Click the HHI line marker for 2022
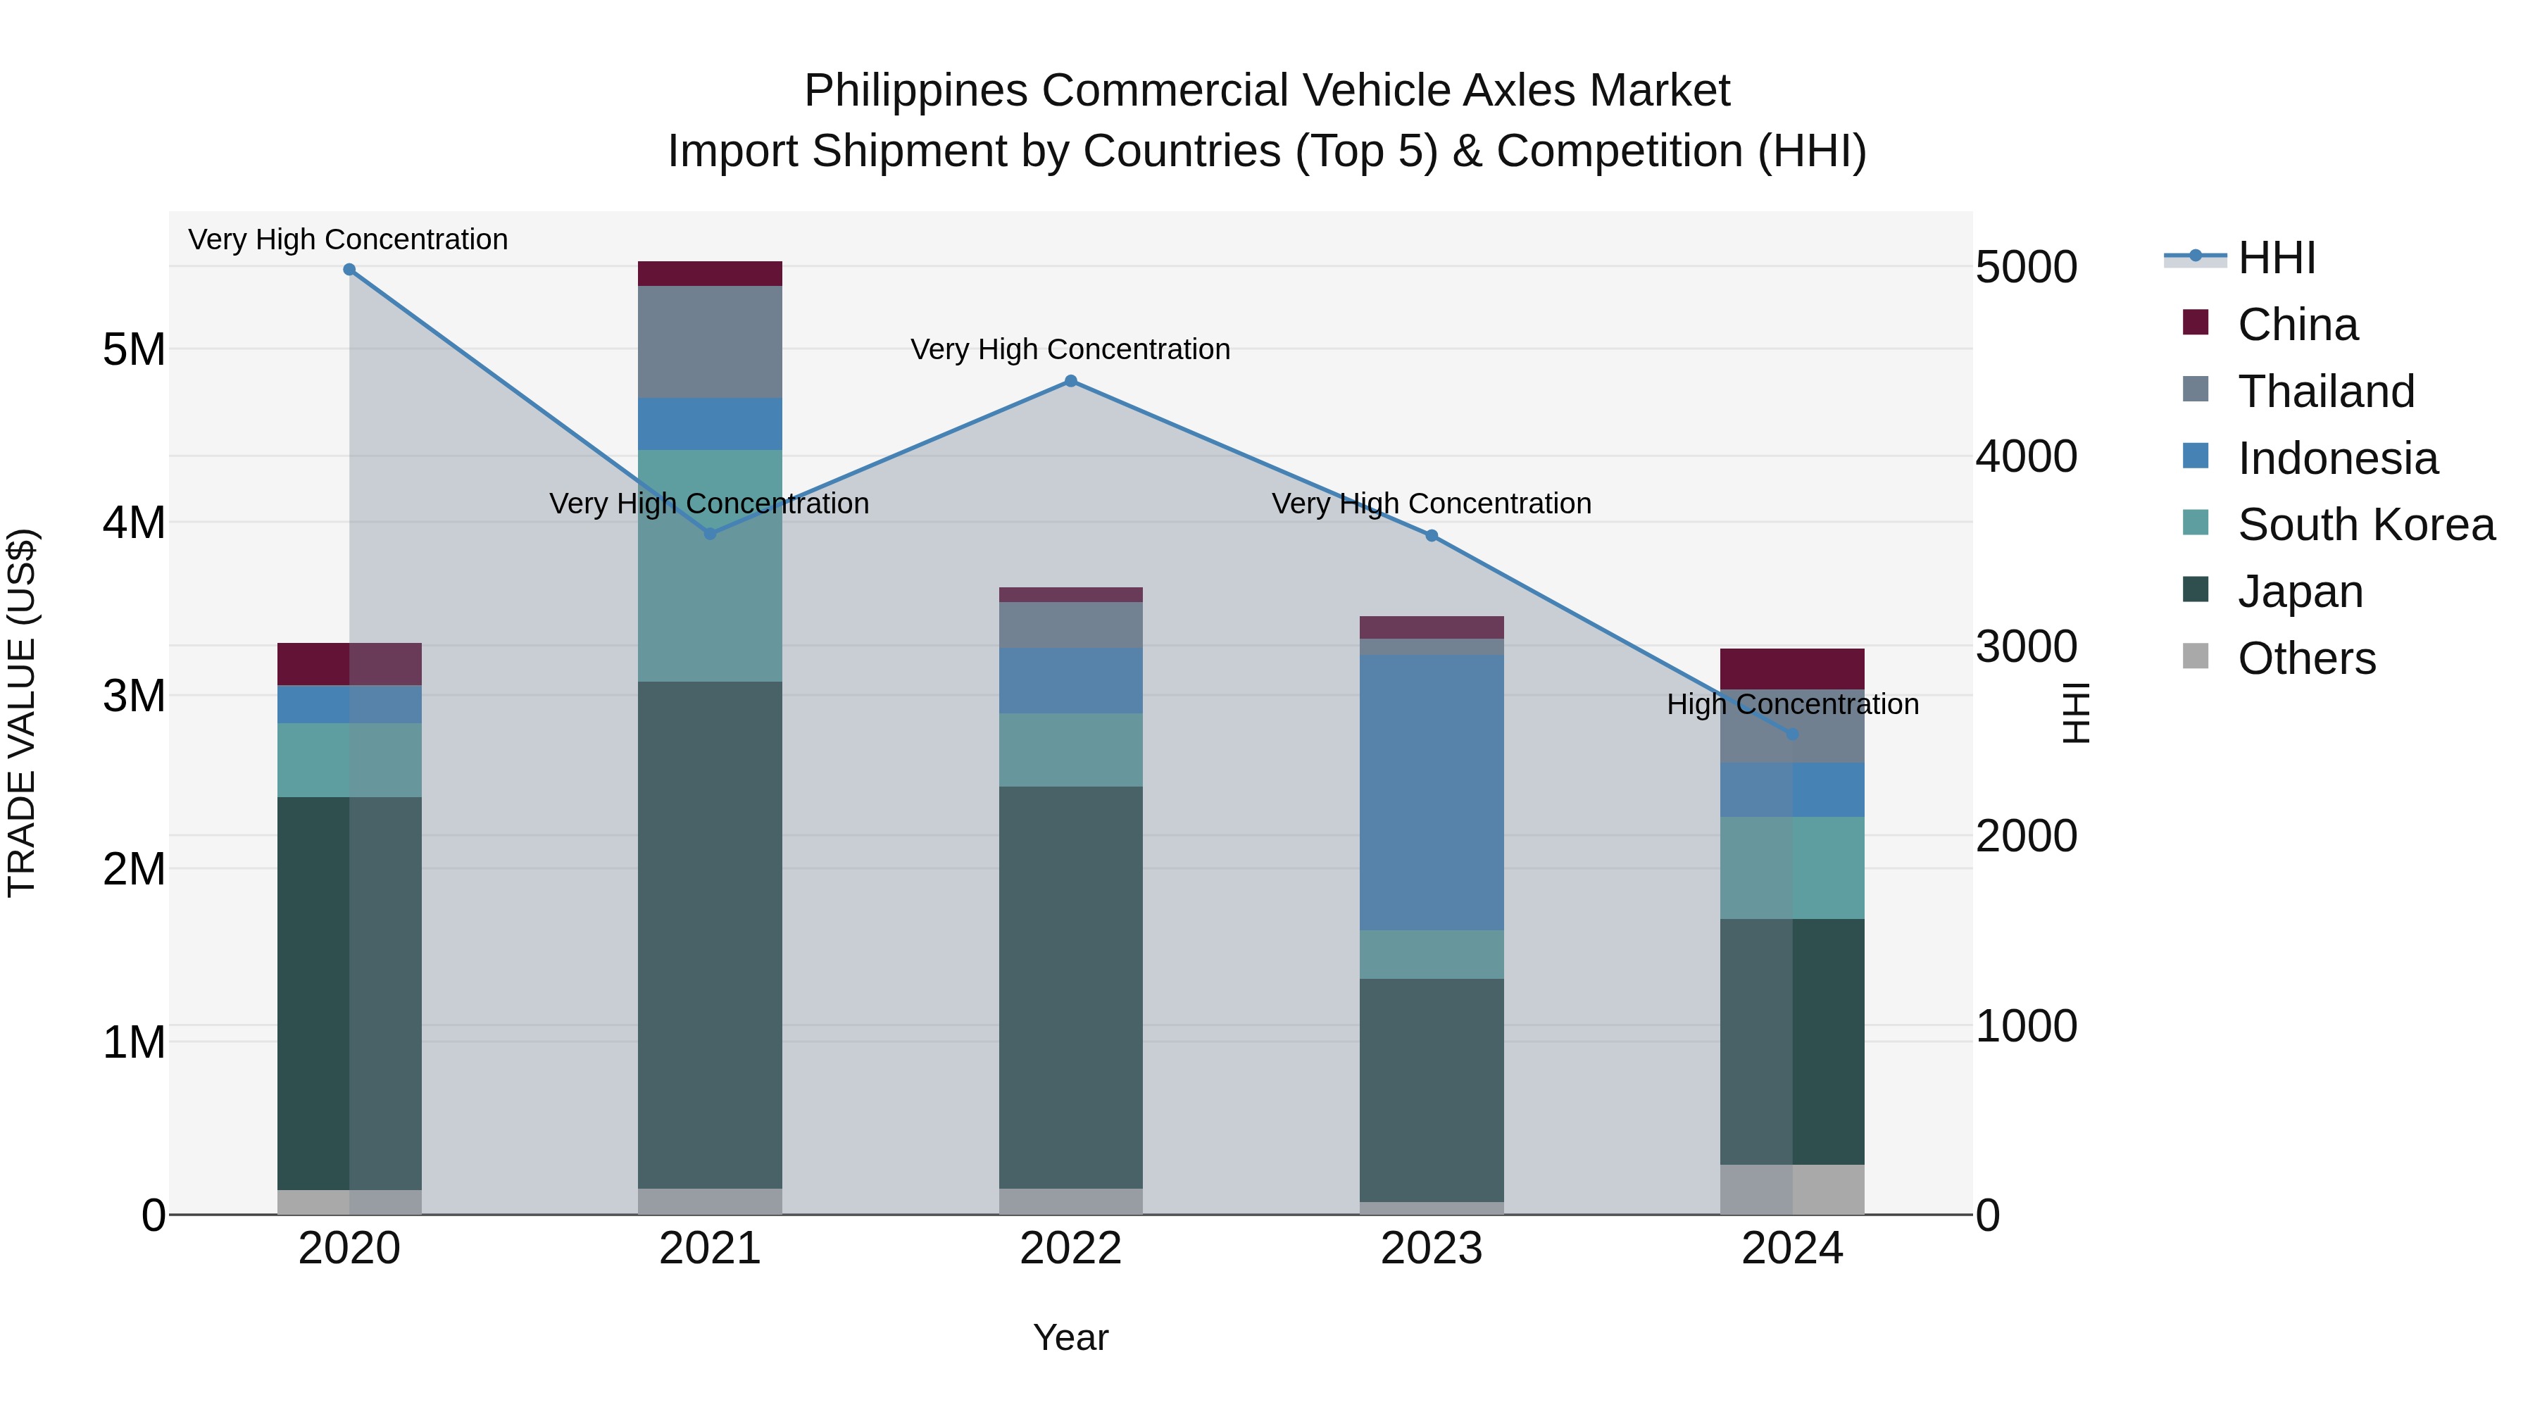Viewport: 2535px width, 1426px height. [x=1070, y=381]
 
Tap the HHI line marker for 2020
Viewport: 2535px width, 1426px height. [x=349, y=270]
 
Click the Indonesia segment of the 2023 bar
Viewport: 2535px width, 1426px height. [x=1432, y=792]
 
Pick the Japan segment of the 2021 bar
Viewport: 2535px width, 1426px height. [x=710, y=935]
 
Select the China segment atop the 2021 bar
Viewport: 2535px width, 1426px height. [x=710, y=274]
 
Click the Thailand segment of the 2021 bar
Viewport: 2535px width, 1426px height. [x=710, y=342]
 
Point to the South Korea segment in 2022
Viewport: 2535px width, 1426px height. [x=1070, y=750]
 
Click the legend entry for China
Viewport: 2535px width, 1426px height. [x=2297, y=325]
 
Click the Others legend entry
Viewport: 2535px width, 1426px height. [x=2305, y=658]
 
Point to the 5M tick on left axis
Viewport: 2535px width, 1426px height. [x=134, y=349]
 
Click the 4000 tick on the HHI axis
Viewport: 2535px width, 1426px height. [x=2026, y=456]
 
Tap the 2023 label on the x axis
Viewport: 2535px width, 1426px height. [x=1432, y=1249]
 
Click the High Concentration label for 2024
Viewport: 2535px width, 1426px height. [x=1792, y=705]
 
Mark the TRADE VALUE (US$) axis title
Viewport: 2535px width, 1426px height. [x=22, y=713]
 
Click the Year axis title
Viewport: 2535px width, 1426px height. [x=1070, y=1337]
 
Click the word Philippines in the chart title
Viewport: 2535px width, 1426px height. [x=916, y=91]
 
